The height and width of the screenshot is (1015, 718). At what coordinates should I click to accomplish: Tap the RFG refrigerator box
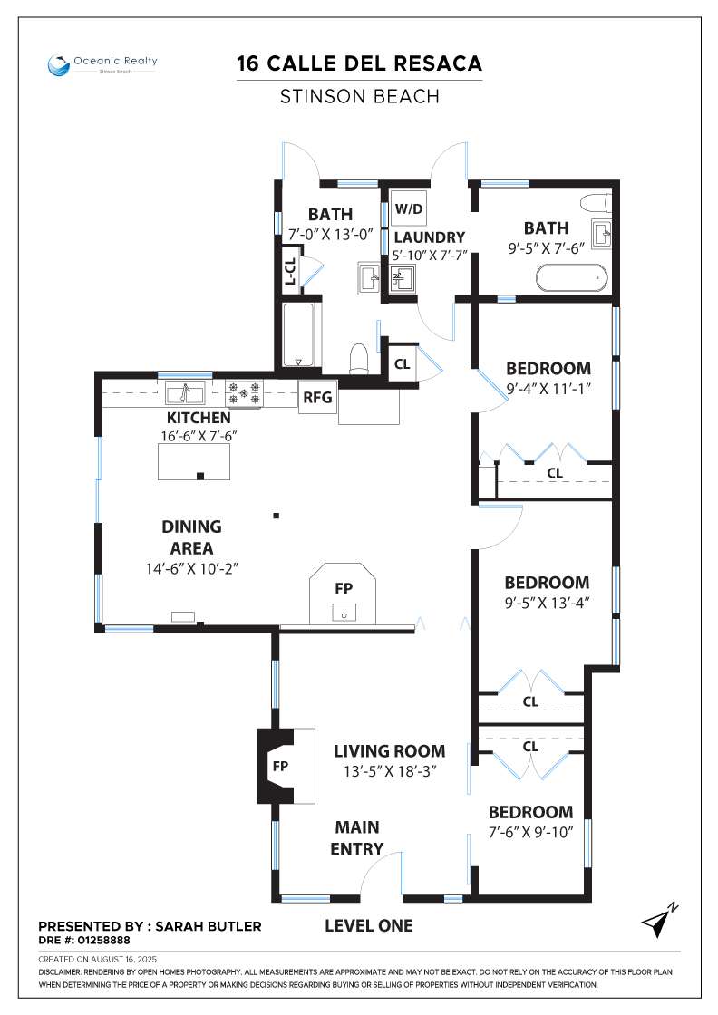[317, 397]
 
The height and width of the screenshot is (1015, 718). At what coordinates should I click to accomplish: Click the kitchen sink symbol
[185, 392]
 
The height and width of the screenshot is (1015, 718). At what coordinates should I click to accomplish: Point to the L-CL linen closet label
[291, 271]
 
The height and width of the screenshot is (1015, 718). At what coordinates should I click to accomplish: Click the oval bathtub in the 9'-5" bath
[572, 278]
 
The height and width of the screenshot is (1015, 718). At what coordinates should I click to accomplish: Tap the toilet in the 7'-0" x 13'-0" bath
[359, 358]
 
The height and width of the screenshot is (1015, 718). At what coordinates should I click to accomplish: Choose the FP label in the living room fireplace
[280, 767]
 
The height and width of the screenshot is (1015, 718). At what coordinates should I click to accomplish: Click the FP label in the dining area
[344, 588]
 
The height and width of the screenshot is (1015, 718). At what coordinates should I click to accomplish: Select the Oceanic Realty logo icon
[58, 65]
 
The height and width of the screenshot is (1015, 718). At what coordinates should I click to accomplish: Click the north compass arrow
[659, 920]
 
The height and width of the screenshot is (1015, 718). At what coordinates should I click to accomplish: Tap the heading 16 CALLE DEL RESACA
[359, 63]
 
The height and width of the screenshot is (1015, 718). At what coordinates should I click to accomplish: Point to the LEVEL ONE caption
[368, 925]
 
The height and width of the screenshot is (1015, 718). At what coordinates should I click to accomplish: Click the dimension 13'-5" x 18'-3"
[391, 771]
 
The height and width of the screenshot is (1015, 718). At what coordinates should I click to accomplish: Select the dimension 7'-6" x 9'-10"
[531, 832]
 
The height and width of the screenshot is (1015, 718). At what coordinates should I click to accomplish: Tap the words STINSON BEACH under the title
[359, 96]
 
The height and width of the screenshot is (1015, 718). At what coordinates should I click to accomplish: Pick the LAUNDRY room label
[429, 237]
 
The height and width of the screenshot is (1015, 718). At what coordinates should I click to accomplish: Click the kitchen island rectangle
[194, 461]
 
